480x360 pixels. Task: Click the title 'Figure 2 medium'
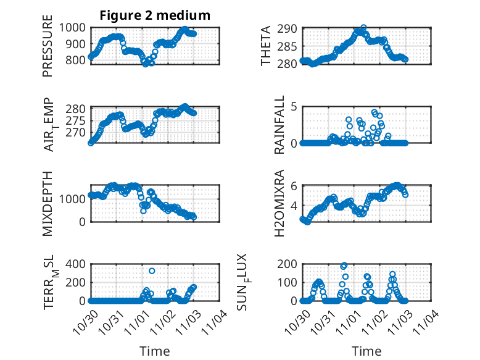tap(155, 15)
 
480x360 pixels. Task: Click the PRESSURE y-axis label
tap(48, 50)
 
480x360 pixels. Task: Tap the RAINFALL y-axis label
tap(279, 125)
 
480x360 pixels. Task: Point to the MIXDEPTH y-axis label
tap(48, 203)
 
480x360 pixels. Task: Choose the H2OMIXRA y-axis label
tap(279, 203)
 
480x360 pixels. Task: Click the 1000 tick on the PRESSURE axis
tap(75, 28)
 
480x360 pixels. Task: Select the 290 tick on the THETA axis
tap(291, 28)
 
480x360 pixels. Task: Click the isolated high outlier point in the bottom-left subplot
tap(152, 271)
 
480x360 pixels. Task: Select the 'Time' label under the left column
tap(155, 351)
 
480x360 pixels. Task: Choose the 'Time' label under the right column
tap(366, 351)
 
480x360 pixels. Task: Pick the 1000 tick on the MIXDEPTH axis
tap(75, 199)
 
